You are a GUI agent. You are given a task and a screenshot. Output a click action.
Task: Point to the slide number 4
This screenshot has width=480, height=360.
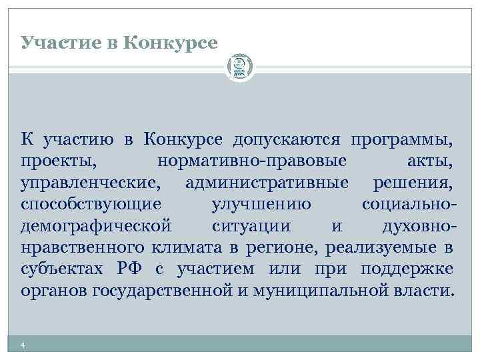point(23,345)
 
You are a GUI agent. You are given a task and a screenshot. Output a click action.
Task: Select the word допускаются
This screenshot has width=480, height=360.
point(287,140)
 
